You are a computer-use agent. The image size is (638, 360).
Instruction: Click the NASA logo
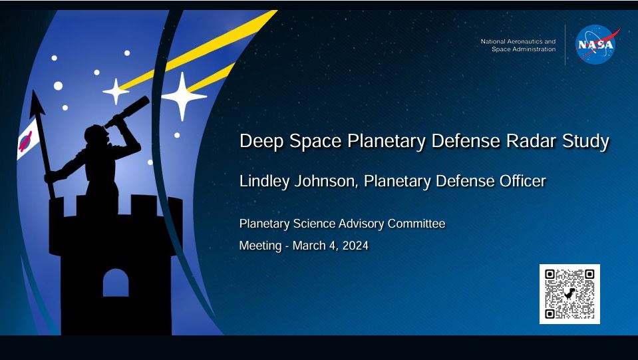595,45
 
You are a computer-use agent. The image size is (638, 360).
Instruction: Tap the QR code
569,294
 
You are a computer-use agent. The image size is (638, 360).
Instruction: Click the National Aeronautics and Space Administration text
518,45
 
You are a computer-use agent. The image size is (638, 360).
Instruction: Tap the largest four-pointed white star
184,96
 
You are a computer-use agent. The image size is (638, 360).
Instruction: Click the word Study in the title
587,142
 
